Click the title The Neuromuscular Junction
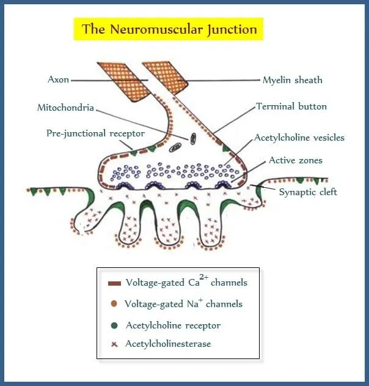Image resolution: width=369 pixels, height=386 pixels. (169, 29)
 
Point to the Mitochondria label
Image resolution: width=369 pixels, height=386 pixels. (65, 108)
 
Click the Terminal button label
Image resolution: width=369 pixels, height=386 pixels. (291, 106)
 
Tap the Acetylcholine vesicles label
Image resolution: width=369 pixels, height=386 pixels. (301, 138)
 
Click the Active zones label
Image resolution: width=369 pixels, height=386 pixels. (295, 160)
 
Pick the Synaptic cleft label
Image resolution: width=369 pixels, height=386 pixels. (308, 192)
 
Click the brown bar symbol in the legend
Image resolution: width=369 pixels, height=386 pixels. (114, 283)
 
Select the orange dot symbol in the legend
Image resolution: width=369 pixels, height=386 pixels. (114, 304)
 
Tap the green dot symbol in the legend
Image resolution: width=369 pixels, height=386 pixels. (114, 325)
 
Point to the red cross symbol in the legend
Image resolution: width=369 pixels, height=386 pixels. (114, 344)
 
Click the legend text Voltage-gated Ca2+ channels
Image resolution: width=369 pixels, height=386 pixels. (186, 283)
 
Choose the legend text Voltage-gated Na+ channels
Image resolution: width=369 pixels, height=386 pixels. (183, 303)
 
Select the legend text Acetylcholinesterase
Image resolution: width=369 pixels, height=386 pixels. (168, 344)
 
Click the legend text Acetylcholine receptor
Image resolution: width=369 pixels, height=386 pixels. (173, 325)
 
